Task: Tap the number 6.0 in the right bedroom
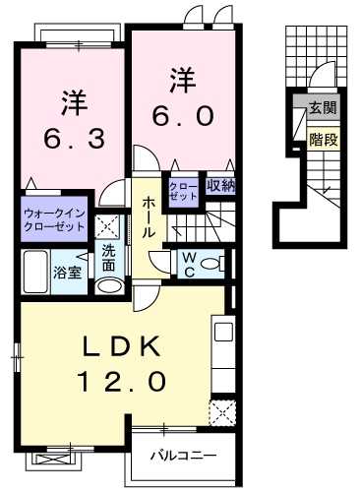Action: coord(182,114)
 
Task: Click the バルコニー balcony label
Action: coord(183,457)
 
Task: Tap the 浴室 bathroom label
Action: coord(67,271)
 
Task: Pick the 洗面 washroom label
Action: coord(109,258)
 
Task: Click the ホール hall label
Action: coord(147,215)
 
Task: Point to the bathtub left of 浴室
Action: coord(35,271)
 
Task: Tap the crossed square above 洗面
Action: coord(109,227)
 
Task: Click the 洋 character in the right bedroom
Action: coord(182,77)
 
